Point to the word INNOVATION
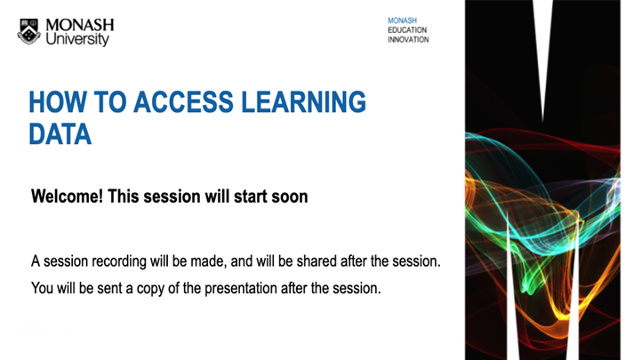click(x=408, y=39)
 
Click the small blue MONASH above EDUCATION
click(x=402, y=20)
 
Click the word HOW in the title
click(x=54, y=103)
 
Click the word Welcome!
click(x=68, y=196)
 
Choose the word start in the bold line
click(x=251, y=196)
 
